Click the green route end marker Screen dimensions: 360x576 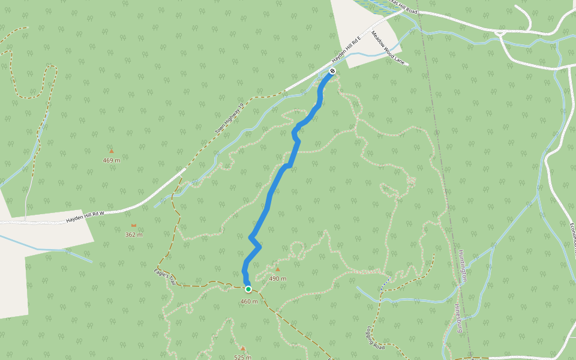[x=248, y=289]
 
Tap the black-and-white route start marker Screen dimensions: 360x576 [x=332, y=71]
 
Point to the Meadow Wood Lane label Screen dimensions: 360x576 [x=389, y=48]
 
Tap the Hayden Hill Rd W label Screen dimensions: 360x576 [x=85, y=217]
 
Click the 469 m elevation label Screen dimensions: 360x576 [x=112, y=160]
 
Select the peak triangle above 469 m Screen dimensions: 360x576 [x=112, y=151]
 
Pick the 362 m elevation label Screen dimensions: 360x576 [x=134, y=235]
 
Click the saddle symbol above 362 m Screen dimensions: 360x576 [x=133, y=226]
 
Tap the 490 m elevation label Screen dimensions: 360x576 [x=278, y=278]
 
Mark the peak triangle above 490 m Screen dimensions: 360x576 [x=277, y=269]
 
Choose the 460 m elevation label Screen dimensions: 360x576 [x=248, y=301]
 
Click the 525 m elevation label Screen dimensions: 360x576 [x=243, y=357]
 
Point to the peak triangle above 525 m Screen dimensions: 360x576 [x=243, y=348]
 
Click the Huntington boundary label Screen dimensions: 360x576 [x=463, y=266]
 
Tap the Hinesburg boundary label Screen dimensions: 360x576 [x=458, y=319]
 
